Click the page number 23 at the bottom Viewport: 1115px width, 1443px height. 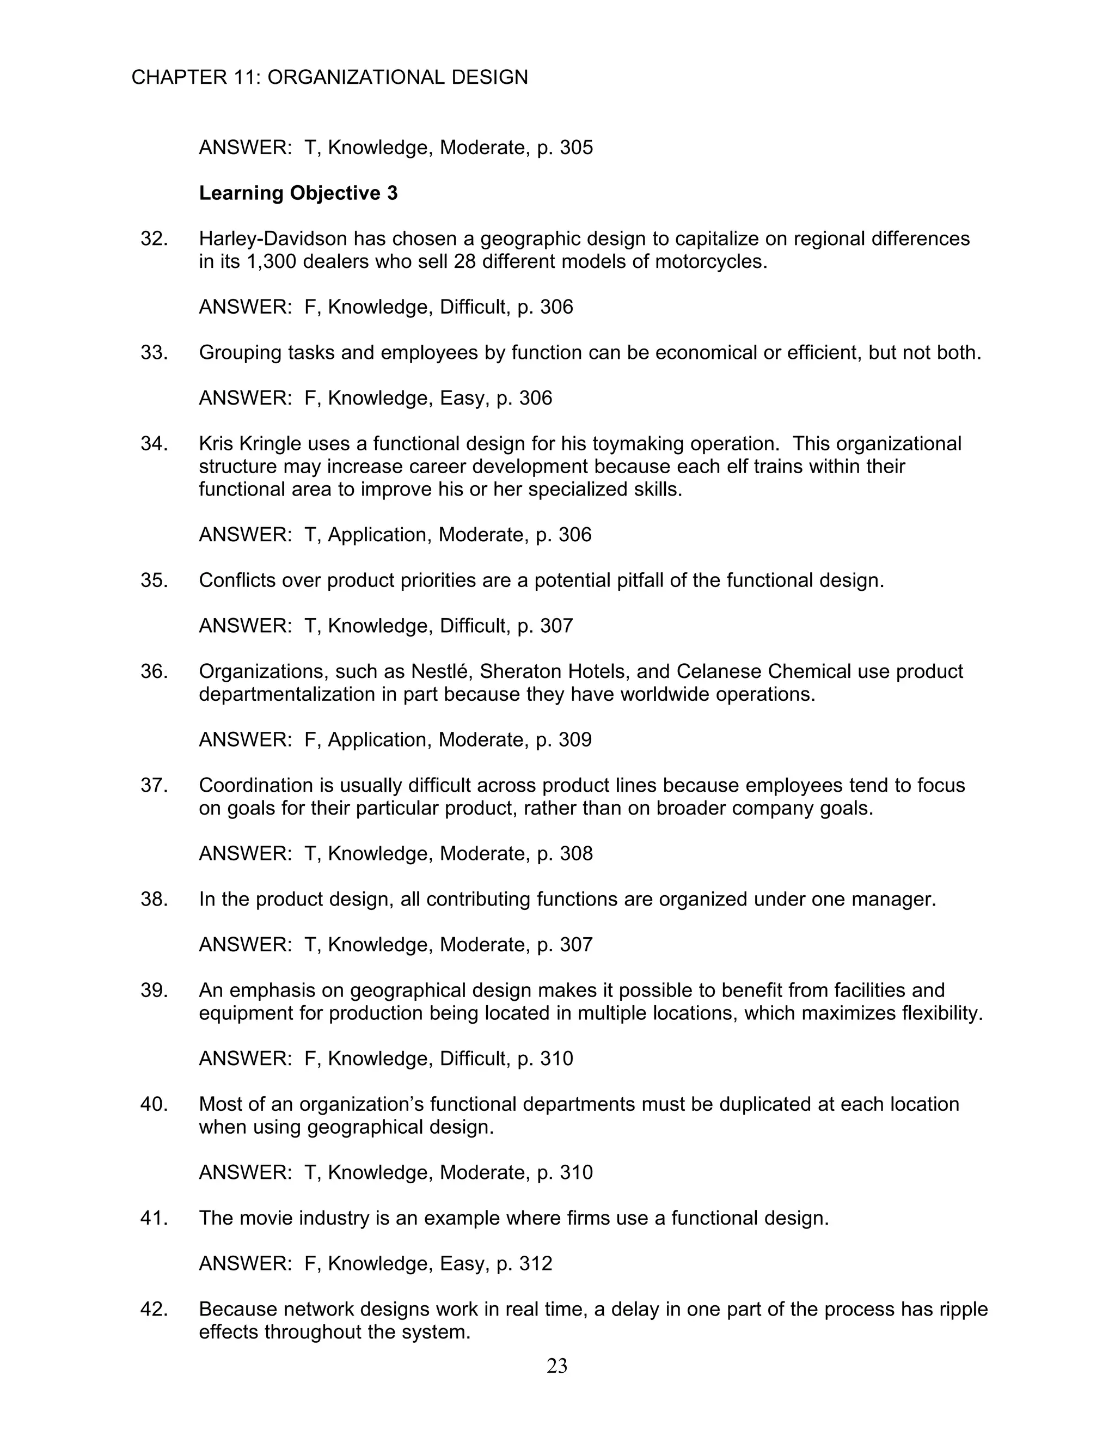[x=557, y=1366]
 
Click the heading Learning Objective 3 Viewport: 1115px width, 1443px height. [x=298, y=193]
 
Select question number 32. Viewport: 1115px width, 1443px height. [x=154, y=239]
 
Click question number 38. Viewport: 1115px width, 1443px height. [x=154, y=899]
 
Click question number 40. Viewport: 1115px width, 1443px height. [x=154, y=1104]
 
